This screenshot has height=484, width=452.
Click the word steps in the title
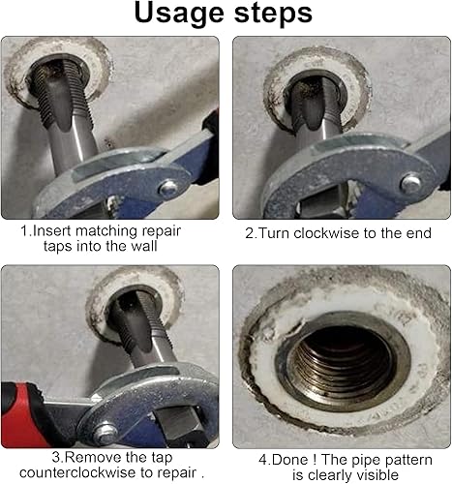point(273,13)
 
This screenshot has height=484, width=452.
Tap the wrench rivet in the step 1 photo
point(168,188)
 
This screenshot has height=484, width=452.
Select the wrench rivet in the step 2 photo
point(410,183)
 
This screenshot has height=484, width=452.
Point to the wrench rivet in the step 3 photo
point(105,433)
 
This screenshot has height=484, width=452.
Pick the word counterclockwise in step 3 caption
point(76,472)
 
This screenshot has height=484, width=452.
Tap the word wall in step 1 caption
point(144,246)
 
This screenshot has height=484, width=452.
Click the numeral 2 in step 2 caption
point(250,233)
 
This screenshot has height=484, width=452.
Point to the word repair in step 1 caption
point(162,231)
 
